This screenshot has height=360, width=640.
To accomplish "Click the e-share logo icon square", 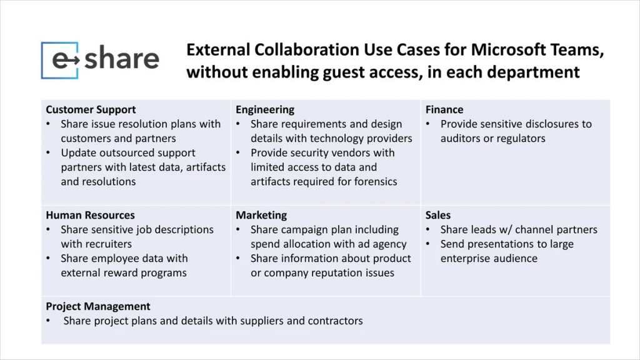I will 60,60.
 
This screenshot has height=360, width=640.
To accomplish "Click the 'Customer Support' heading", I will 91,110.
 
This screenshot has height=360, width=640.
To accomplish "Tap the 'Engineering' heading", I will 265,110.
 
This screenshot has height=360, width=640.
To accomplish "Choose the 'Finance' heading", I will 444,110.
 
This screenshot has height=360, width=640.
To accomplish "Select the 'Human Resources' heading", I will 91,216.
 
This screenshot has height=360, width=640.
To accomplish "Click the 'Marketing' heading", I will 261,216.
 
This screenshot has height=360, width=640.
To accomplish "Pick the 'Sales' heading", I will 438,216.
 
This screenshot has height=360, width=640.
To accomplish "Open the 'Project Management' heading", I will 98,307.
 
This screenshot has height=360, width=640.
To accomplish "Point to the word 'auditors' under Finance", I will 462,139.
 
